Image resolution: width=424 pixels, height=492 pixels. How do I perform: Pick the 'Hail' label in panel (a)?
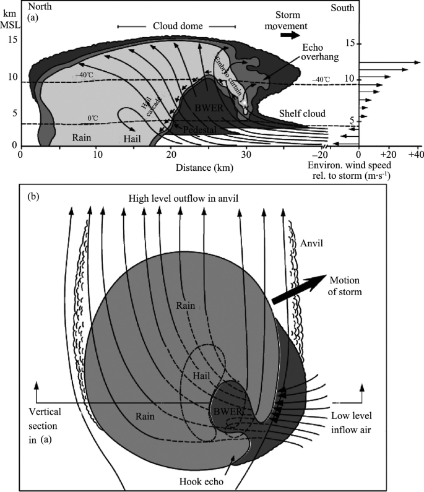click(x=132, y=138)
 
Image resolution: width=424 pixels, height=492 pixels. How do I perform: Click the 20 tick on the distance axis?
click(x=171, y=153)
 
